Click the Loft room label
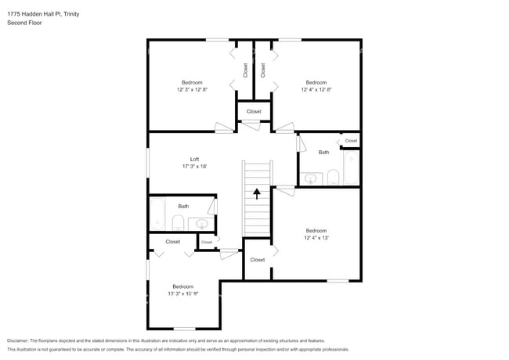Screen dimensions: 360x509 coord(194,159)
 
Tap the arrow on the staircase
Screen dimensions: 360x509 coord(256,192)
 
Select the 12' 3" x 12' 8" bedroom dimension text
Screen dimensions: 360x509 coord(192,90)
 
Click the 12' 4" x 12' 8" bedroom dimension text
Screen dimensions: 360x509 coord(316,90)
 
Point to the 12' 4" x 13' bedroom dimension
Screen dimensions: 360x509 coord(316,238)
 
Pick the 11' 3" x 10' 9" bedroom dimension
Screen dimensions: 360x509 coord(182,294)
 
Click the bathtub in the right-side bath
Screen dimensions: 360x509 coord(350,168)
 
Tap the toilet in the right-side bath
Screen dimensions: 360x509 coord(332,176)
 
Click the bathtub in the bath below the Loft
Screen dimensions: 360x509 coord(157,216)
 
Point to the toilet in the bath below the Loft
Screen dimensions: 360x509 coord(178,221)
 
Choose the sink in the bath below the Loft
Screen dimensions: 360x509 coord(202,224)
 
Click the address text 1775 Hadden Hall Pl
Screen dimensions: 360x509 coord(37,14)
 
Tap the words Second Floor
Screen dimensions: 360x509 coord(24,23)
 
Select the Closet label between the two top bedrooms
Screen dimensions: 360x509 coord(254,111)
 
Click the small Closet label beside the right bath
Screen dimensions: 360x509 coord(351,141)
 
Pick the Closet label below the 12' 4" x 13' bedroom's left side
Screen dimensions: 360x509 coord(257,260)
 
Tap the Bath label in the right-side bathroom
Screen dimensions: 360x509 coord(323,152)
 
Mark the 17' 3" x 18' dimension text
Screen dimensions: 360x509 coord(194,167)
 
